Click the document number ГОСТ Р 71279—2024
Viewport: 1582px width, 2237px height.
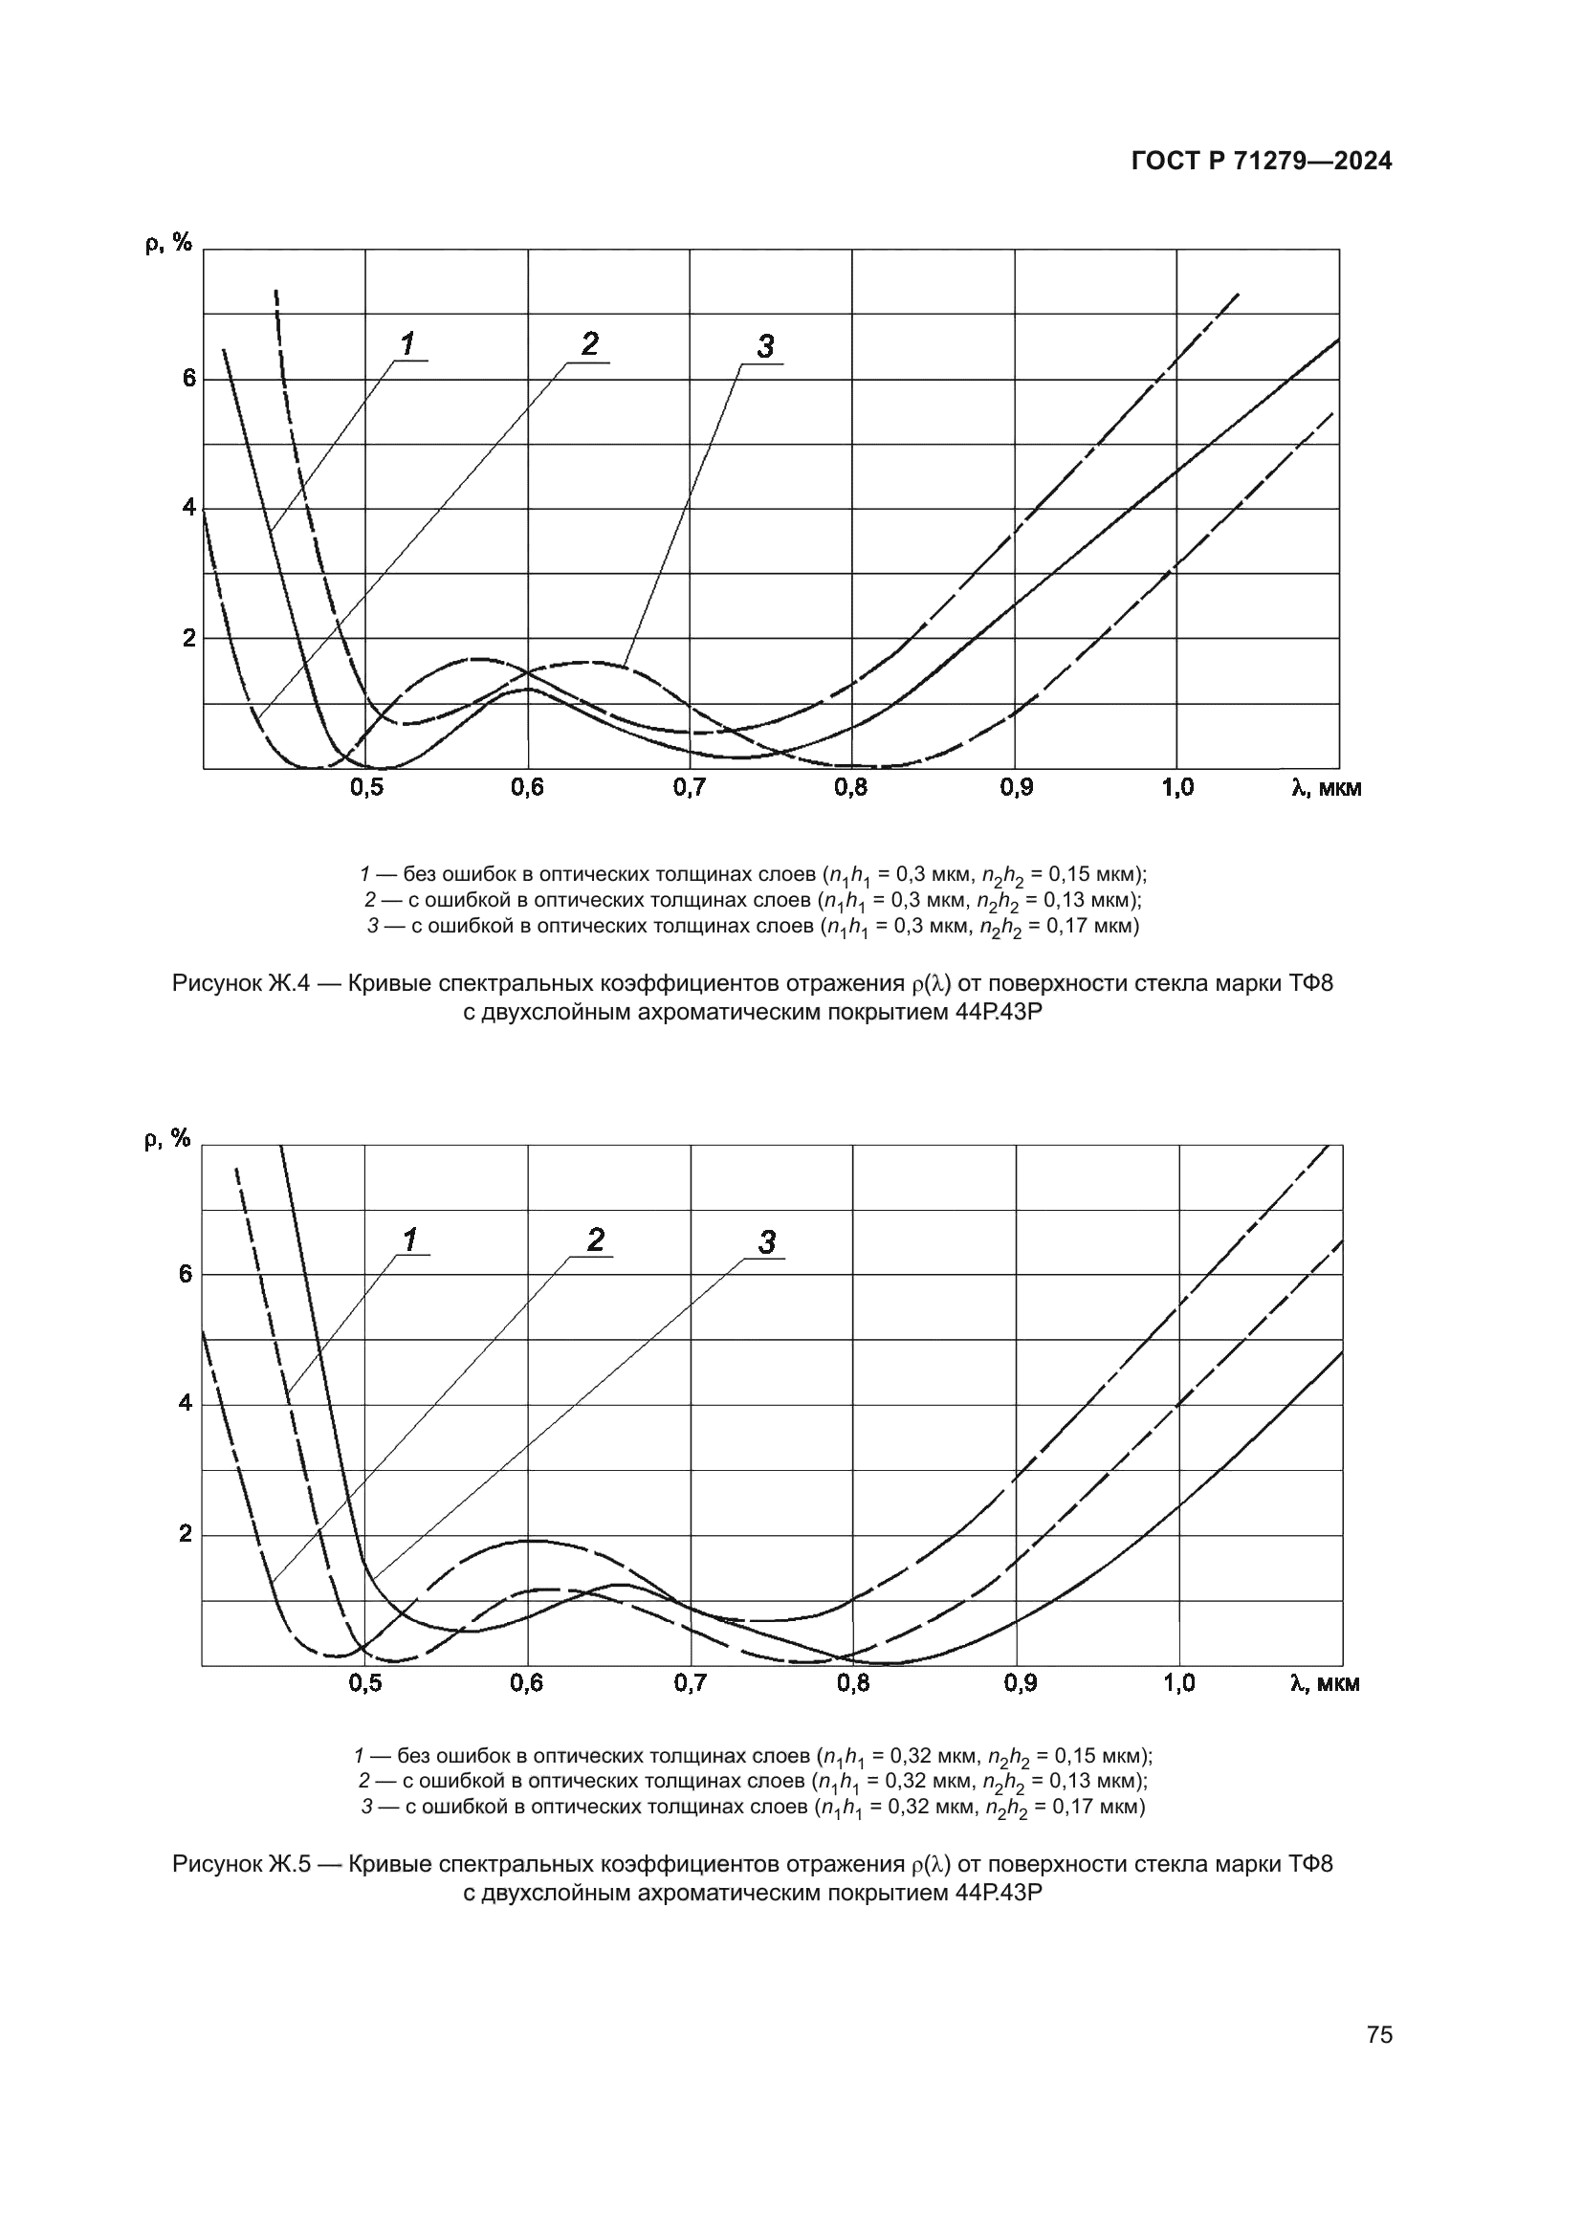coord(1262,162)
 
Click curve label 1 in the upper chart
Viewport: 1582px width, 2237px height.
coord(407,343)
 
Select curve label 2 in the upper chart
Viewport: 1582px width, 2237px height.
coord(589,343)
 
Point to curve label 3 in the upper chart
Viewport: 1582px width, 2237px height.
coord(766,346)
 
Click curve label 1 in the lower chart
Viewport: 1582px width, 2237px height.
coord(410,1240)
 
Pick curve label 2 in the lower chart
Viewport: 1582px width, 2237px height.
coord(595,1239)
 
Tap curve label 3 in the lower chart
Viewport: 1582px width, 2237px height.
coord(767,1242)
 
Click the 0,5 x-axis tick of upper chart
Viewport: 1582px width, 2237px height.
coord(365,788)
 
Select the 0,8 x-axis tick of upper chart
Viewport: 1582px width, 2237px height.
coord(851,788)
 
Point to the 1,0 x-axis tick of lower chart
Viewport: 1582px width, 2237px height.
coord(1178,1683)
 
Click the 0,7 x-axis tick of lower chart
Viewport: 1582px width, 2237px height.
coord(691,1683)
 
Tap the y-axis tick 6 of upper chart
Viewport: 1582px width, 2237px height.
coord(189,378)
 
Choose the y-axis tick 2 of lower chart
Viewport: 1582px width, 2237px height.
coord(186,1534)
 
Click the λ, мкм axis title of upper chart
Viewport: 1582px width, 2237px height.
coord(1326,788)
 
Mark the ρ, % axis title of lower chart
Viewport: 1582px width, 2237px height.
coord(167,1139)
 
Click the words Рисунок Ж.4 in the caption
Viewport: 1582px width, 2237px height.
coord(241,984)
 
